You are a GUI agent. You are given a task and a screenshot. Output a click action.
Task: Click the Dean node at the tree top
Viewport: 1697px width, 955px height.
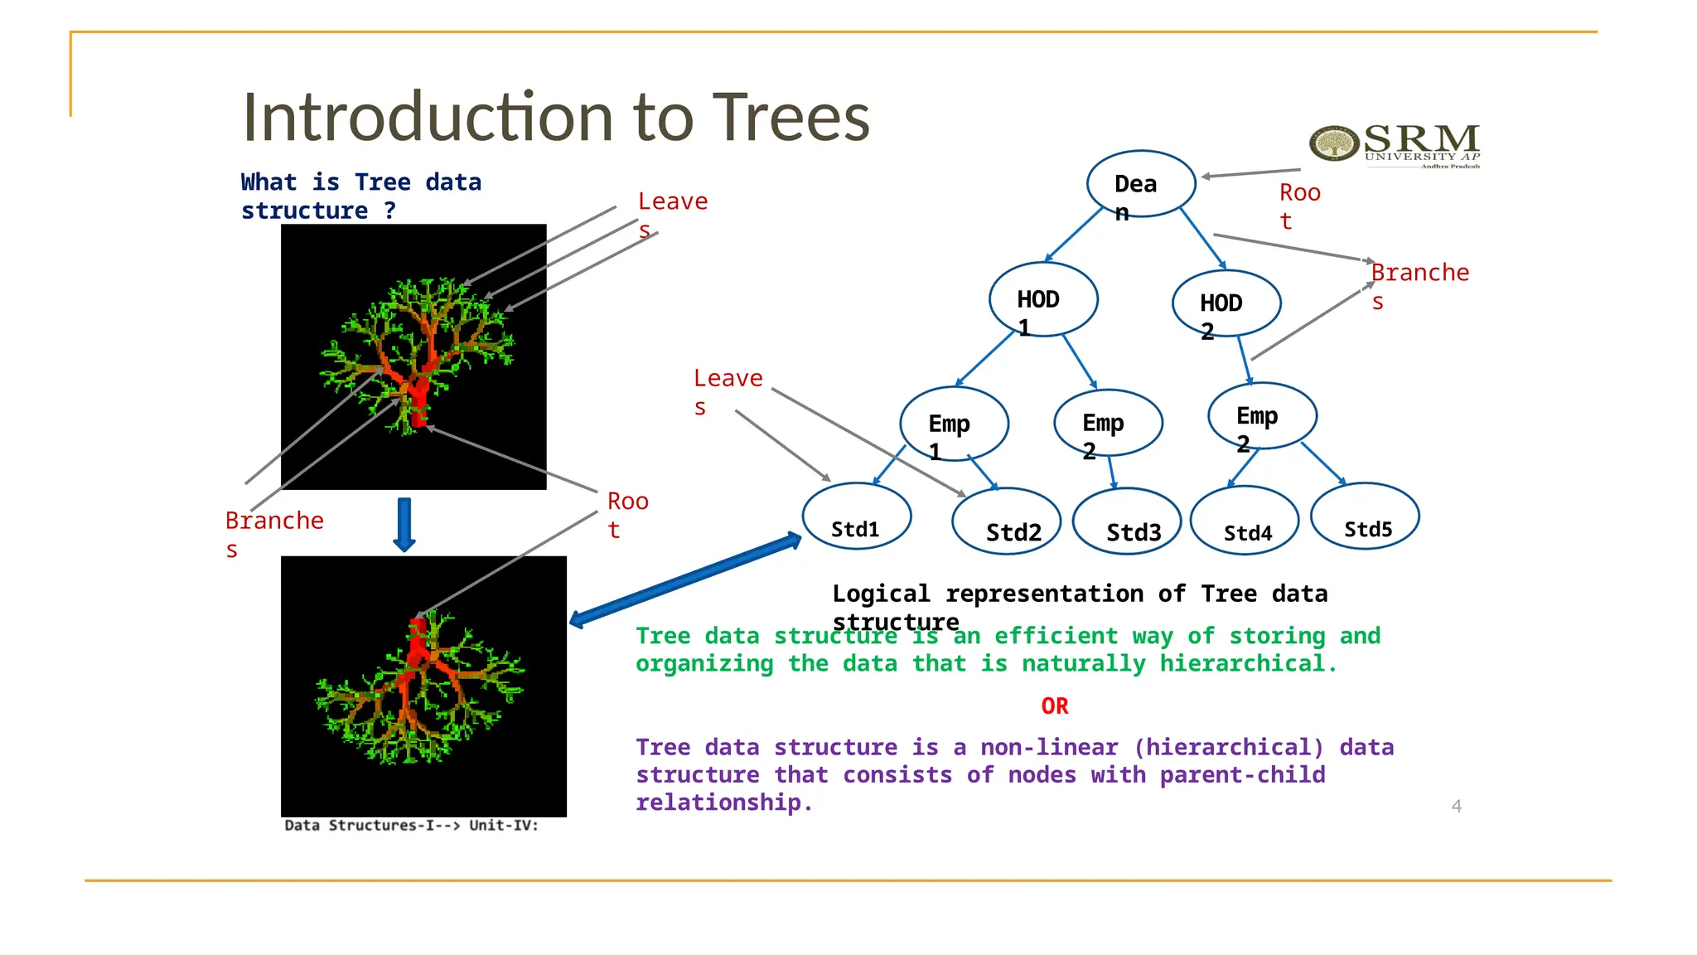coord(1141,183)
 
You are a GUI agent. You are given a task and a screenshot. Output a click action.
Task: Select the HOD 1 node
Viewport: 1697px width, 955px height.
coord(1043,299)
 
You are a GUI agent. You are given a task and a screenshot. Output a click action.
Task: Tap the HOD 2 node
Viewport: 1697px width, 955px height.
coord(1226,303)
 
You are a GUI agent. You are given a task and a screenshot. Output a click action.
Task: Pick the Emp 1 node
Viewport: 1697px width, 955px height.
coord(954,424)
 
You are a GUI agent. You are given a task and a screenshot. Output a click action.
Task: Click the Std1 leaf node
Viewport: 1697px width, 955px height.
coord(856,516)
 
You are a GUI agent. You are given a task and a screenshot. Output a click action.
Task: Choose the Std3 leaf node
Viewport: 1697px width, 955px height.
coord(1127,521)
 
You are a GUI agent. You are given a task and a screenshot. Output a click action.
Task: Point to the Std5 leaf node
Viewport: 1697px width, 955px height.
coord(1365,516)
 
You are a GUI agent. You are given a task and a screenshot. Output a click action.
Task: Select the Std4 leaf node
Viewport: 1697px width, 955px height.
coord(1245,521)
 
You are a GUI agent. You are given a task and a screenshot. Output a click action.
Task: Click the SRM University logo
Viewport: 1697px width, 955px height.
coord(1395,145)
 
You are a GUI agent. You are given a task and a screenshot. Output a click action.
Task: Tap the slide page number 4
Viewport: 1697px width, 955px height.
coord(1456,806)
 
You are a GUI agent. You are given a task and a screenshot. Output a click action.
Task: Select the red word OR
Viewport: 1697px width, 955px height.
coord(1055,706)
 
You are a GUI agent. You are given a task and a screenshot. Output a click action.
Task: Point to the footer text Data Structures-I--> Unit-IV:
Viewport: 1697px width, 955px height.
coord(411,826)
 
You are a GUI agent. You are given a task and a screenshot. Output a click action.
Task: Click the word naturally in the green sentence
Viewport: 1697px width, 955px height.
coord(1084,664)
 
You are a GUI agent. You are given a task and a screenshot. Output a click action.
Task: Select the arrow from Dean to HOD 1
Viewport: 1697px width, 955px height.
coord(1074,235)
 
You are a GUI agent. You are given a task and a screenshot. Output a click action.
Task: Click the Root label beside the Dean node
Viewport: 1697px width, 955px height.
coord(1298,206)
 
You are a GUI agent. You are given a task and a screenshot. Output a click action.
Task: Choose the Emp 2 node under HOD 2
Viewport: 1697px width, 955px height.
coord(1262,416)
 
